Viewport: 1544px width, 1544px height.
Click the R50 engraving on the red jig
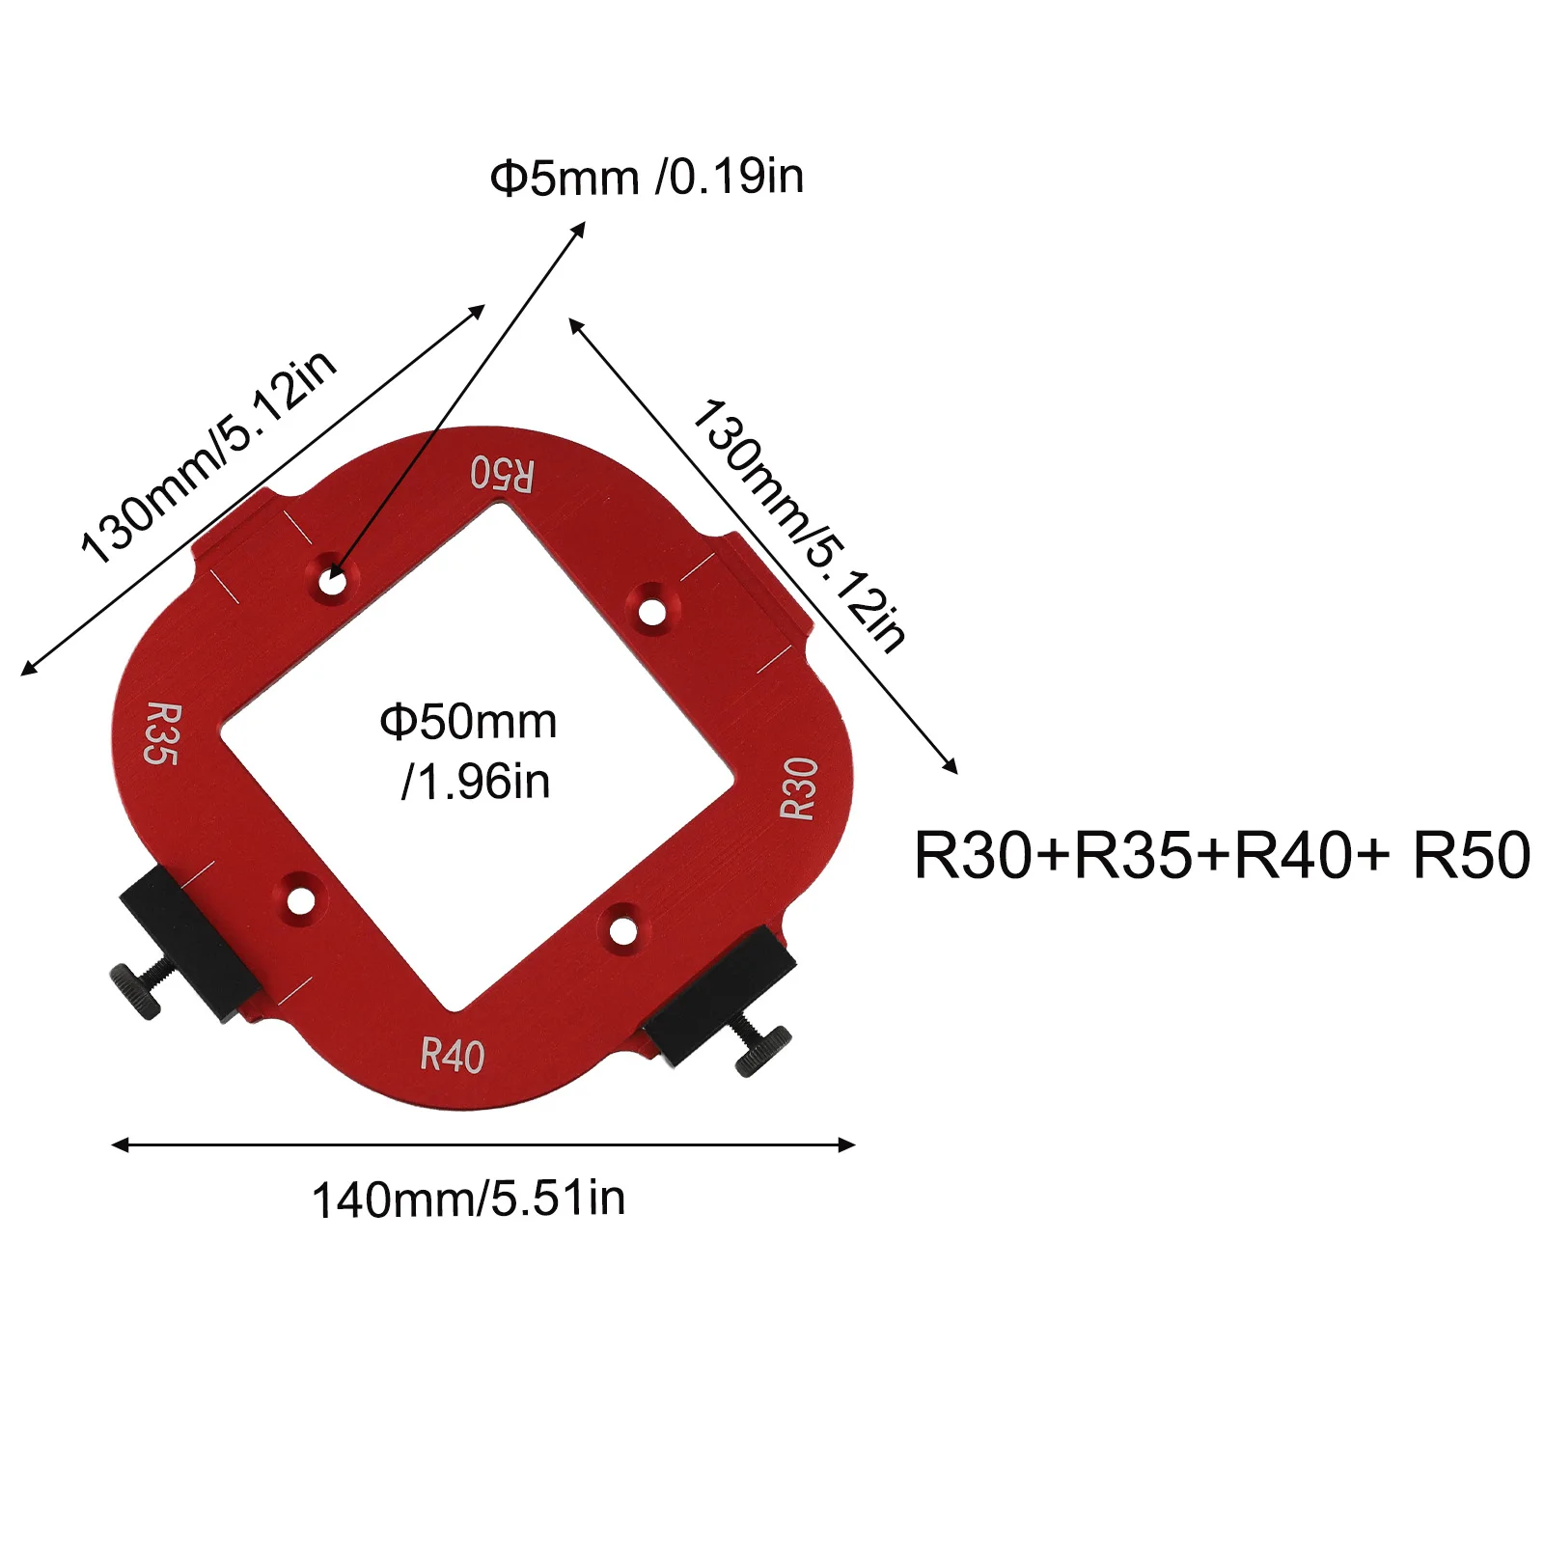(502, 474)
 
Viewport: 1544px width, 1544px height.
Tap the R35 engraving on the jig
(162, 734)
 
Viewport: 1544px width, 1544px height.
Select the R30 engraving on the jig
(799, 788)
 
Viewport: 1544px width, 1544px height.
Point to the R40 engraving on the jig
(453, 1055)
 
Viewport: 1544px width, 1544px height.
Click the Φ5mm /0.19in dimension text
(647, 178)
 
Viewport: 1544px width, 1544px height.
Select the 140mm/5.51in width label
(468, 1199)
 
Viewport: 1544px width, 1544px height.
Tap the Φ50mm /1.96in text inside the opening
(469, 751)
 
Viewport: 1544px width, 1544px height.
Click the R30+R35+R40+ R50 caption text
(1222, 855)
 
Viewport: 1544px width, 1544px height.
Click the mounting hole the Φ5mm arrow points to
(333, 582)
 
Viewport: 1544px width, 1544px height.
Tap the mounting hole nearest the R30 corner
(652, 611)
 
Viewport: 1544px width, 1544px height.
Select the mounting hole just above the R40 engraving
(623, 931)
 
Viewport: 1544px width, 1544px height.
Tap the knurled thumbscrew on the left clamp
(134, 990)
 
